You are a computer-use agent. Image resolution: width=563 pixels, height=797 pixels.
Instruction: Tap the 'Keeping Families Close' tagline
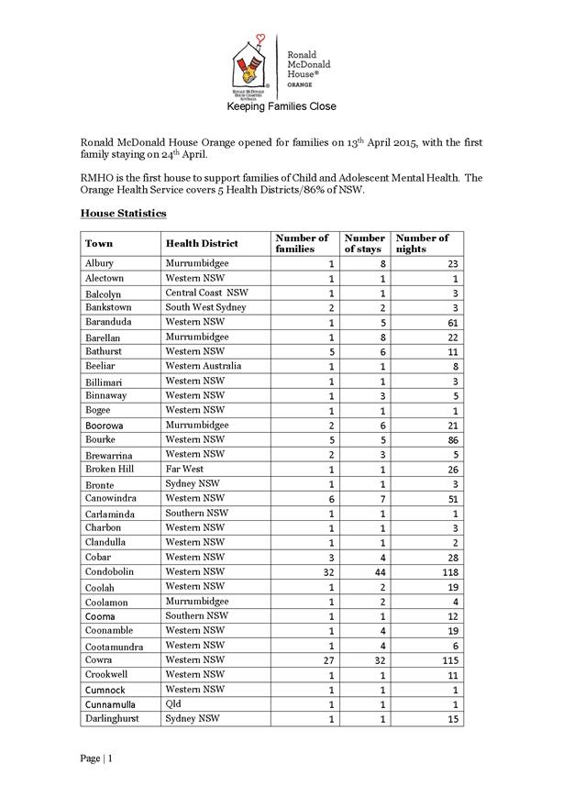click(281, 107)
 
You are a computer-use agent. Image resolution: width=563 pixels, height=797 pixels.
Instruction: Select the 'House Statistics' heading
click(123, 213)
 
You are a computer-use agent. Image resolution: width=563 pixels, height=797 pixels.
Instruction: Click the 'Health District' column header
click(202, 244)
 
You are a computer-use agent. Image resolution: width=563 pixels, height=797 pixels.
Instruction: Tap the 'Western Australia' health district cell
click(204, 366)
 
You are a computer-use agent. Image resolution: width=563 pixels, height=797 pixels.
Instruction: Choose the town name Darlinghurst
click(113, 719)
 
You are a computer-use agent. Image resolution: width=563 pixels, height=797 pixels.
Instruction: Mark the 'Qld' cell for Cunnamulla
click(174, 703)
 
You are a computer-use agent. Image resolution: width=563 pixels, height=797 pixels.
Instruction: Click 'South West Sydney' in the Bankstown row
click(206, 307)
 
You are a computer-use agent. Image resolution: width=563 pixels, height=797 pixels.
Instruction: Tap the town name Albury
click(99, 263)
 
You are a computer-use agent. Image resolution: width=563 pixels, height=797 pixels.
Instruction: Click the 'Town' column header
click(99, 244)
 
